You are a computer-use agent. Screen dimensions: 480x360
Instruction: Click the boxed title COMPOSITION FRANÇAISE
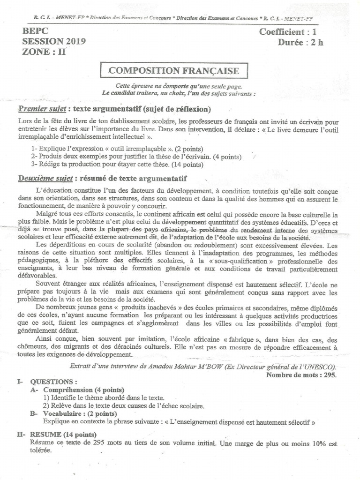click(x=174, y=71)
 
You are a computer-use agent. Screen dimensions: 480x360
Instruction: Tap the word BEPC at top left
click(x=35, y=32)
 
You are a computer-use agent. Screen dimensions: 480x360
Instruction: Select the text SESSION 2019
click(x=53, y=42)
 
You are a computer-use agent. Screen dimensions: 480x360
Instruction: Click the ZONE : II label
click(x=44, y=52)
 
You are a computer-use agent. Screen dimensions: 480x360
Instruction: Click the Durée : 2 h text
click(x=300, y=43)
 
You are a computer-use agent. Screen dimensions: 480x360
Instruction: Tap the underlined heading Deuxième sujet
click(x=45, y=179)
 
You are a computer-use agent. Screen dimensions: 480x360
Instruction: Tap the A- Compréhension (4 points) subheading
click(x=77, y=390)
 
